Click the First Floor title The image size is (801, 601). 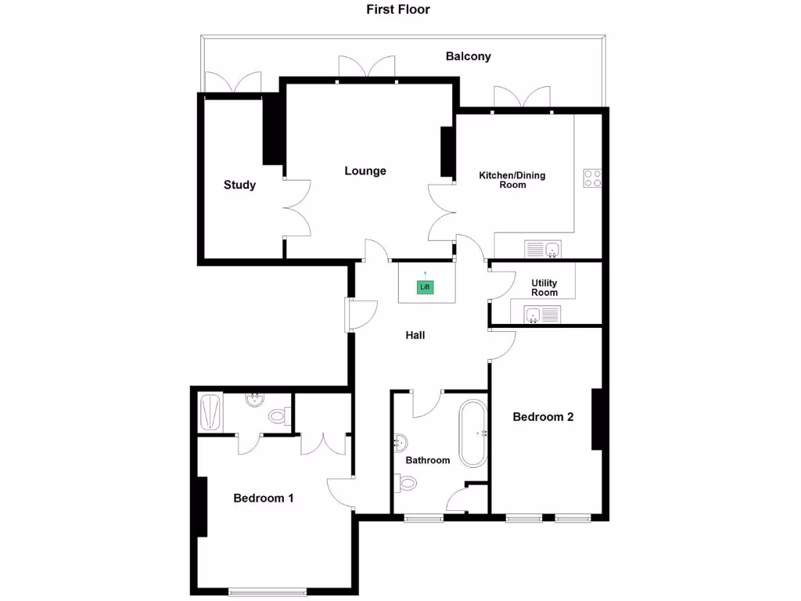(x=398, y=10)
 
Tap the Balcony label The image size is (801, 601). (x=468, y=56)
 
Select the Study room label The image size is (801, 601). (x=239, y=185)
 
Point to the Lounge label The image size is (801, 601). (x=365, y=171)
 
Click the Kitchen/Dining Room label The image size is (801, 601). (x=512, y=180)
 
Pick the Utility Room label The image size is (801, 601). (x=544, y=287)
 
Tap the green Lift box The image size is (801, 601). (x=425, y=287)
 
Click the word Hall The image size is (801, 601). (x=415, y=335)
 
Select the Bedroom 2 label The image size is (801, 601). (x=543, y=417)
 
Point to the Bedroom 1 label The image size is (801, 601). (x=264, y=498)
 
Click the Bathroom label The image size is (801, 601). (x=427, y=460)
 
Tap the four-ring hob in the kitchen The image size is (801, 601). (x=592, y=178)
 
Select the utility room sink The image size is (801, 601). (x=542, y=315)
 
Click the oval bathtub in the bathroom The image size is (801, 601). (x=472, y=434)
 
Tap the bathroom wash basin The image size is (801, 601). (x=400, y=443)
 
